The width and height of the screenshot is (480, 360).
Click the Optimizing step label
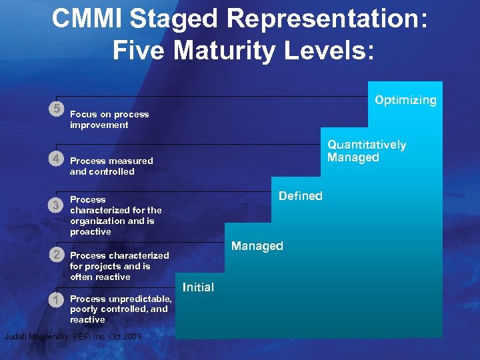[405, 100]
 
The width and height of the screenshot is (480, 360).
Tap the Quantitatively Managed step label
[366, 151]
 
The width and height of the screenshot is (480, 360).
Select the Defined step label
[300, 196]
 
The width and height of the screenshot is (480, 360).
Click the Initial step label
[198, 287]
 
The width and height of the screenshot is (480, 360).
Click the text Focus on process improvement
[109, 119]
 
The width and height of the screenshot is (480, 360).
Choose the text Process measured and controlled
[111, 166]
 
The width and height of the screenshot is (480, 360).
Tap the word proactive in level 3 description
[90, 231]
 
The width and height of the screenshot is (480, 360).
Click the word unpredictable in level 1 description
[139, 299]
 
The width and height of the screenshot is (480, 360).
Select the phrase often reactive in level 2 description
[100, 277]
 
